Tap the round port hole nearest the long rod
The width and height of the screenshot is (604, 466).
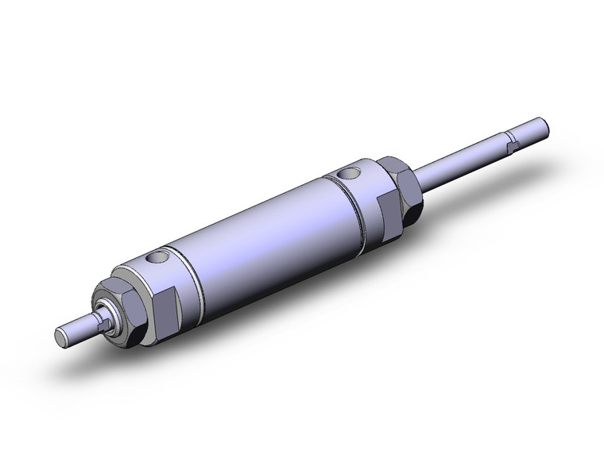coord(347,172)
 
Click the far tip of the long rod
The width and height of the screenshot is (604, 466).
coord(546,125)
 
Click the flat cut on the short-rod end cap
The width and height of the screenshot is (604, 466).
coord(162,302)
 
